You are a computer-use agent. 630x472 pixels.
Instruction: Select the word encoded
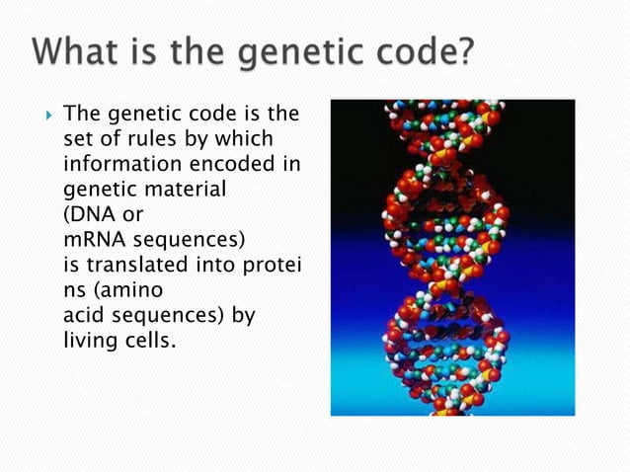tap(228, 162)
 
